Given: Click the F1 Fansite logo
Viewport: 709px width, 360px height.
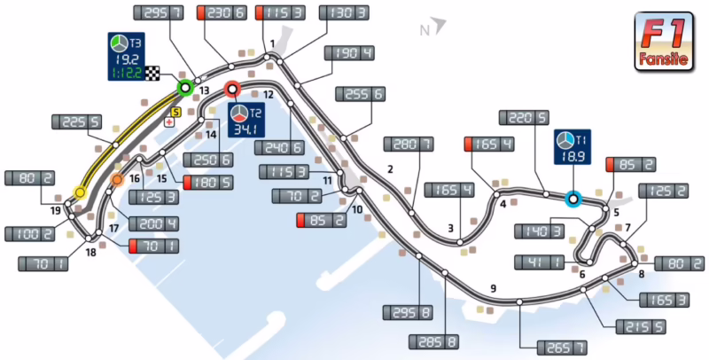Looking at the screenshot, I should click(663, 41).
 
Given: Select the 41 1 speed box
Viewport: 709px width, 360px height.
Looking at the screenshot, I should click(535, 262).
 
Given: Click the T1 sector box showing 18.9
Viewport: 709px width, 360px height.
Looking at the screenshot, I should click(571, 146).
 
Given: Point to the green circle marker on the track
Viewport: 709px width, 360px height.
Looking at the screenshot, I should click(184, 87).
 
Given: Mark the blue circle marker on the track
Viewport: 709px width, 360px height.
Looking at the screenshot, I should click(573, 199).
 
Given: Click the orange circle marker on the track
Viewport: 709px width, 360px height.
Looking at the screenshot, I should click(117, 180).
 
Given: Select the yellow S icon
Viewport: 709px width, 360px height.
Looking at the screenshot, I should click(175, 112).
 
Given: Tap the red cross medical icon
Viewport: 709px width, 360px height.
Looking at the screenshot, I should click(169, 123).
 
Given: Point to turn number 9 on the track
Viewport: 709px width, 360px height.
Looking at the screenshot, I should click(494, 286).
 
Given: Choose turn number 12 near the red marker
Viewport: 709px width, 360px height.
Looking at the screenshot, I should click(266, 95).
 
